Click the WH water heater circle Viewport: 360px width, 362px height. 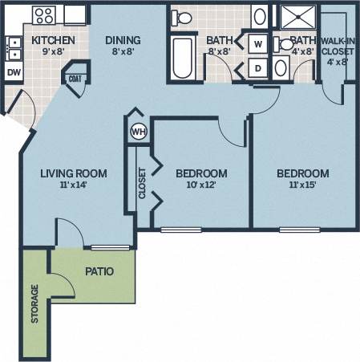(x=137, y=131)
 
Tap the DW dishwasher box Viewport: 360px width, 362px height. (x=14, y=72)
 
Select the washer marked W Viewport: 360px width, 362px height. (x=258, y=43)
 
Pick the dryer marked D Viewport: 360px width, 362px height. (x=258, y=67)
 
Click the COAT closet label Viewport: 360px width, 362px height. (x=75, y=79)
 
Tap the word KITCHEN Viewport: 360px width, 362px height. (x=54, y=40)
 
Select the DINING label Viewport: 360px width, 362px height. (x=123, y=40)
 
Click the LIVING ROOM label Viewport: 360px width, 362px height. (x=74, y=173)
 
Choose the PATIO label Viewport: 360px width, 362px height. (x=99, y=271)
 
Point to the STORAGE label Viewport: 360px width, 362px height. (x=34, y=304)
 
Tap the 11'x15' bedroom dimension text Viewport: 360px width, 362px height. (x=302, y=186)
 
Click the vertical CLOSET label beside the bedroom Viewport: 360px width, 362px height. (x=143, y=183)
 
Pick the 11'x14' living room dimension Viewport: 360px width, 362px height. (x=74, y=185)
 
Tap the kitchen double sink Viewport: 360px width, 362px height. (x=14, y=49)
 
